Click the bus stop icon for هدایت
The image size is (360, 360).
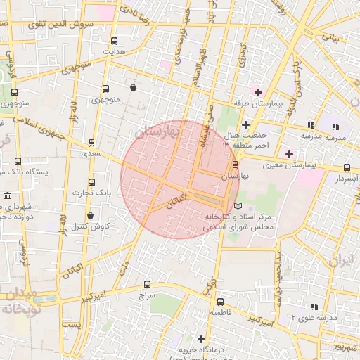tap(114, 40)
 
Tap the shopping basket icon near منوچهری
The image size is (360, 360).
tap(134, 88)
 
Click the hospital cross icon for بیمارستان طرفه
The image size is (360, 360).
tap(259, 92)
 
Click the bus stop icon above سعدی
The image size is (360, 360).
tap(91, 142)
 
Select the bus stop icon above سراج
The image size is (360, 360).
tap(146, 285)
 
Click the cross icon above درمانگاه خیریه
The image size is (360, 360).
tap(202, 339)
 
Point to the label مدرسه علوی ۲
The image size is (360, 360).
tap(315, 317)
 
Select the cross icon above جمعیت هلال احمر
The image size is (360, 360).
tap(245, 124)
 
